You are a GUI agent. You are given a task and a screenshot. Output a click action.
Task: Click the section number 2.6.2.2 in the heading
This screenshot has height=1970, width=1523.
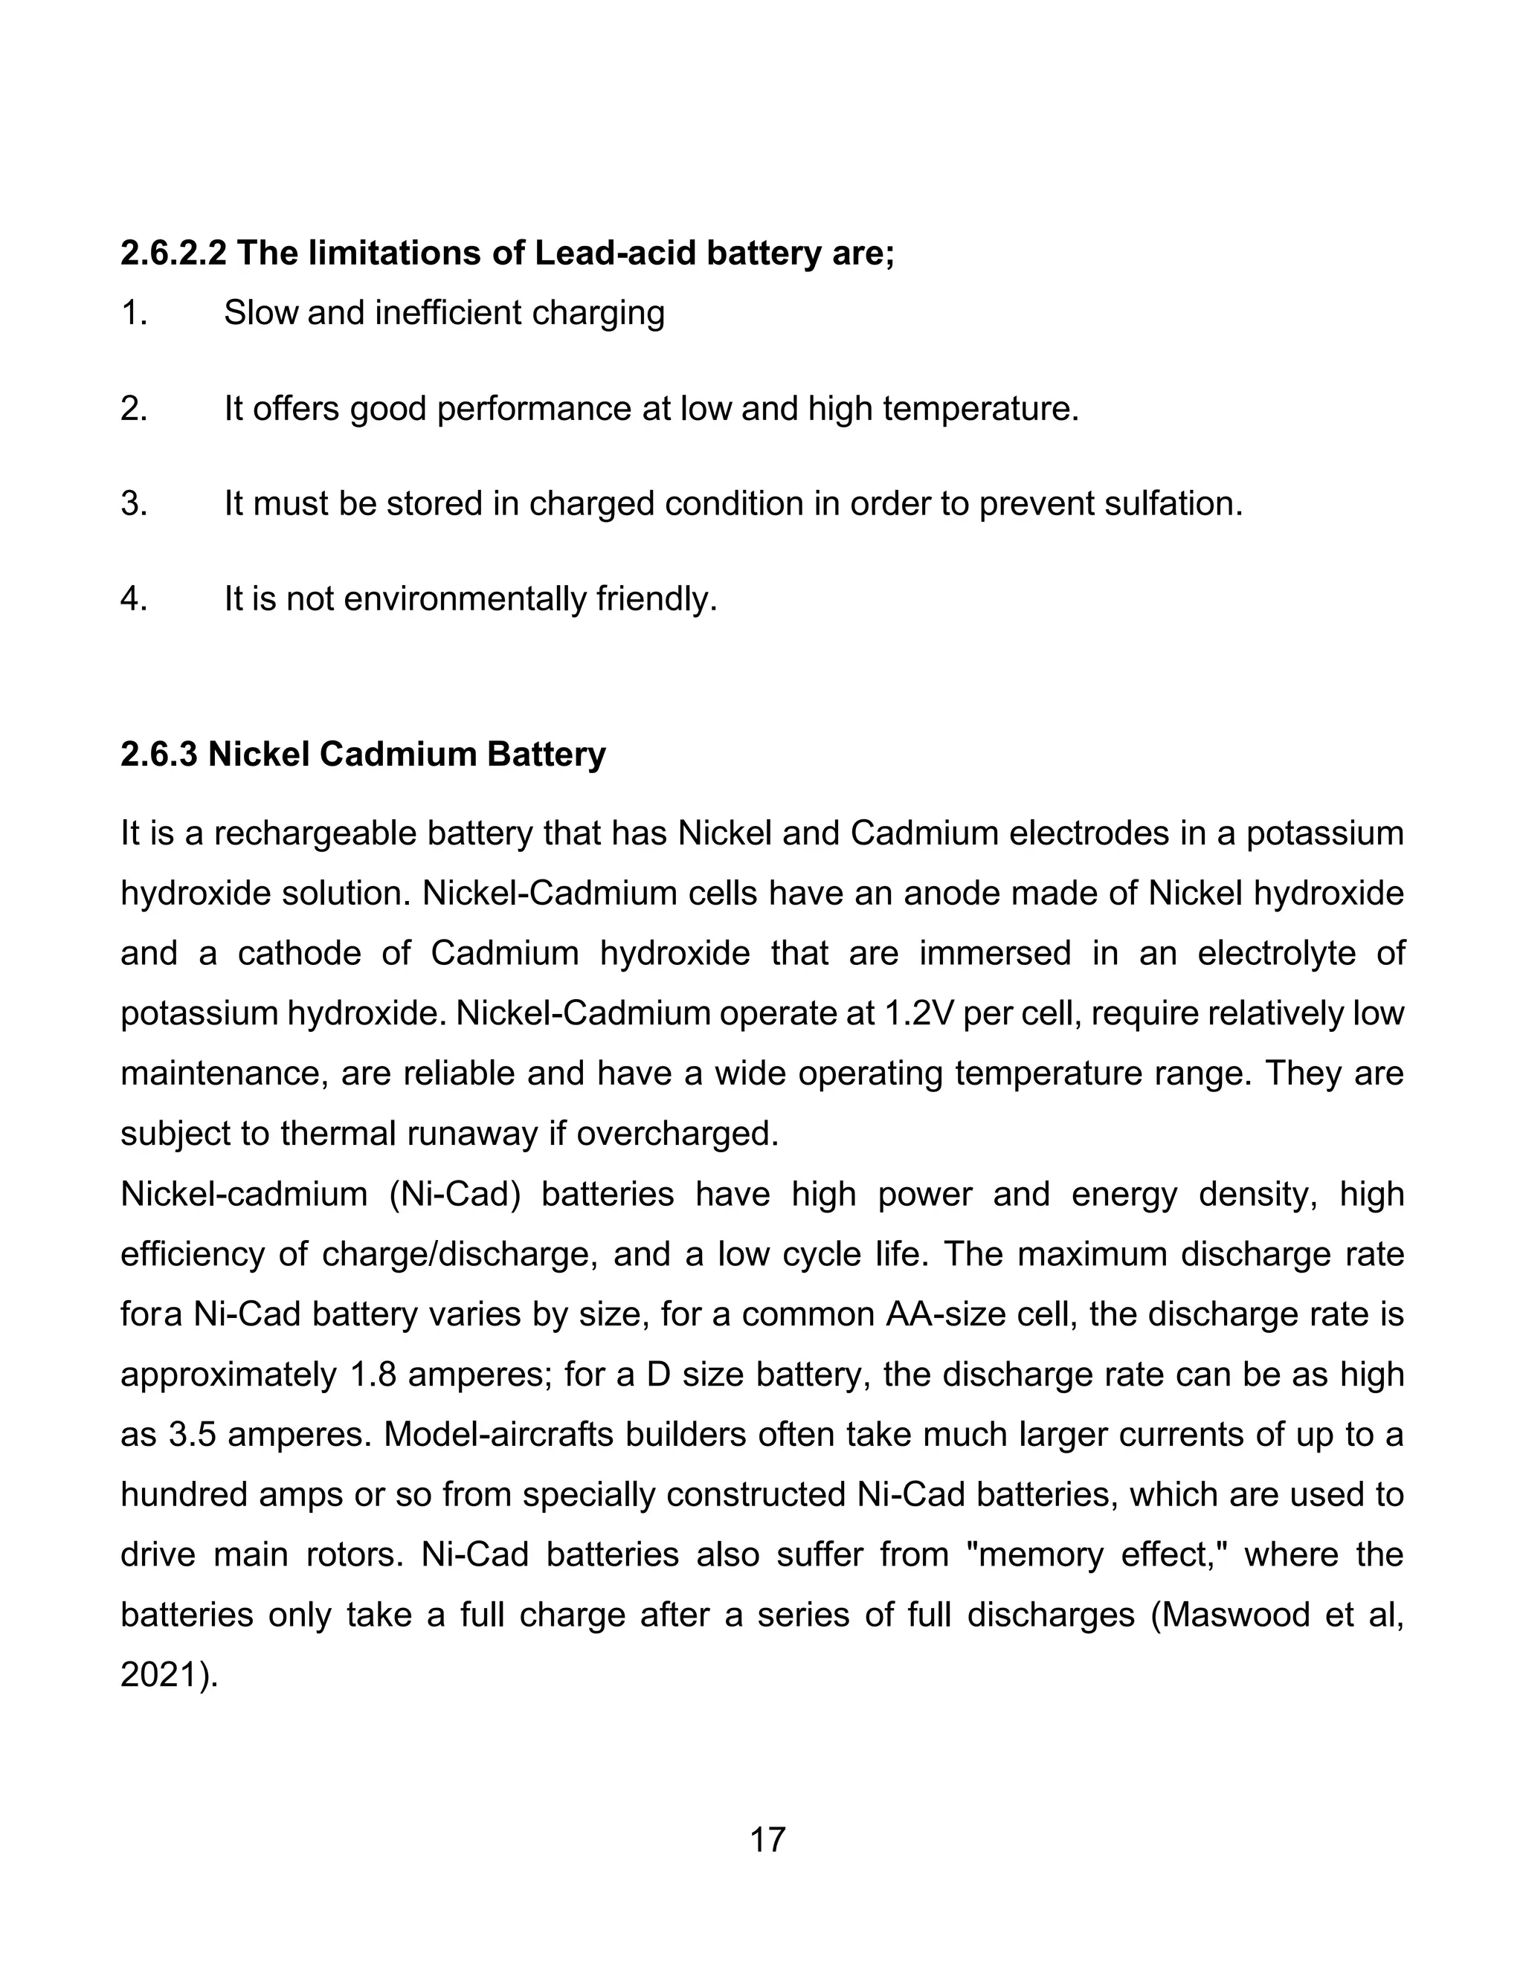173,253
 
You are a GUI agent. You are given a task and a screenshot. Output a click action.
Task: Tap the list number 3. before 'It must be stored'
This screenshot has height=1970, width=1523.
134,503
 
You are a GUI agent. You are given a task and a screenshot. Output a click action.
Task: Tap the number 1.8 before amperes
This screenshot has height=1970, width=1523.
371,1374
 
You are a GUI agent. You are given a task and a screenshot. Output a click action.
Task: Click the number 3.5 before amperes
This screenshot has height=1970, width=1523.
191,1434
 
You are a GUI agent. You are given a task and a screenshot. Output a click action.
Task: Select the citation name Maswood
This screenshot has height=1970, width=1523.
1234,1614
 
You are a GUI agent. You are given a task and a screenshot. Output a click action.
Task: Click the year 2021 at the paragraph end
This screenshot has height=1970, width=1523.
159,1674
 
